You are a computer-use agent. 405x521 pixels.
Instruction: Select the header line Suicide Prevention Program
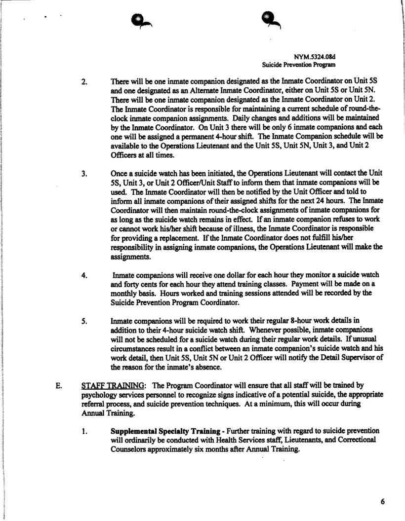(x=299, y=65)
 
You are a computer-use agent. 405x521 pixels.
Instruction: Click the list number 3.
(x=84, y=174)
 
